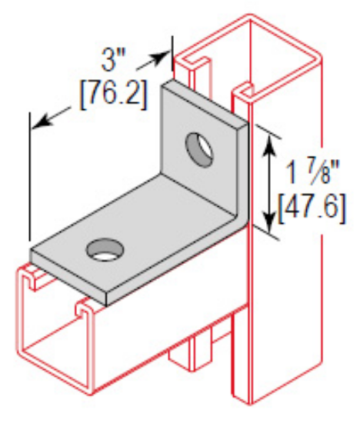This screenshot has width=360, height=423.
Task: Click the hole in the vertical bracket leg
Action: (199, 148)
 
